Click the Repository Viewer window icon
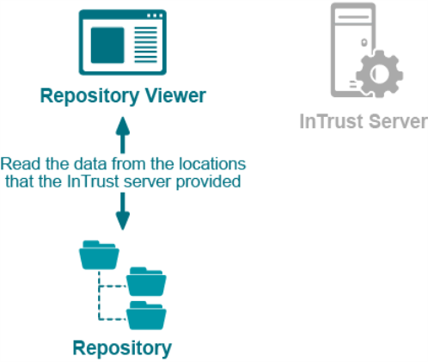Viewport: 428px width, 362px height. (123, 42)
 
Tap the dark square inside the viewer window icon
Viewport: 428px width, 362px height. (107, 45)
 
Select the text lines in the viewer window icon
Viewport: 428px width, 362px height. (146, 45)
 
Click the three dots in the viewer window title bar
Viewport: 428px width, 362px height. (155, 15)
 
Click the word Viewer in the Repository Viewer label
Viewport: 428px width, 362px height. (175, 95)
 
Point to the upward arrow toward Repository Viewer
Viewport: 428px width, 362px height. (123, 135)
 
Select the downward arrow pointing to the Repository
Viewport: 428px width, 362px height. (123, 212)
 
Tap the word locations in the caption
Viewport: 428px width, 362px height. (212, 164)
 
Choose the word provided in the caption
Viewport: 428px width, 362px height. (208, 182)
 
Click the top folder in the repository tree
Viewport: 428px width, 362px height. (99, 255)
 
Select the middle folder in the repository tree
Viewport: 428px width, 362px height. (146, 281)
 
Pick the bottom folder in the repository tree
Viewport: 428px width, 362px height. (146, 315)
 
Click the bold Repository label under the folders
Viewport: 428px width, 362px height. (122, 349)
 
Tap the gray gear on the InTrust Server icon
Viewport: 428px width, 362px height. (379, 74)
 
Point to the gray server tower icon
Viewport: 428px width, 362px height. (353, 50)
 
